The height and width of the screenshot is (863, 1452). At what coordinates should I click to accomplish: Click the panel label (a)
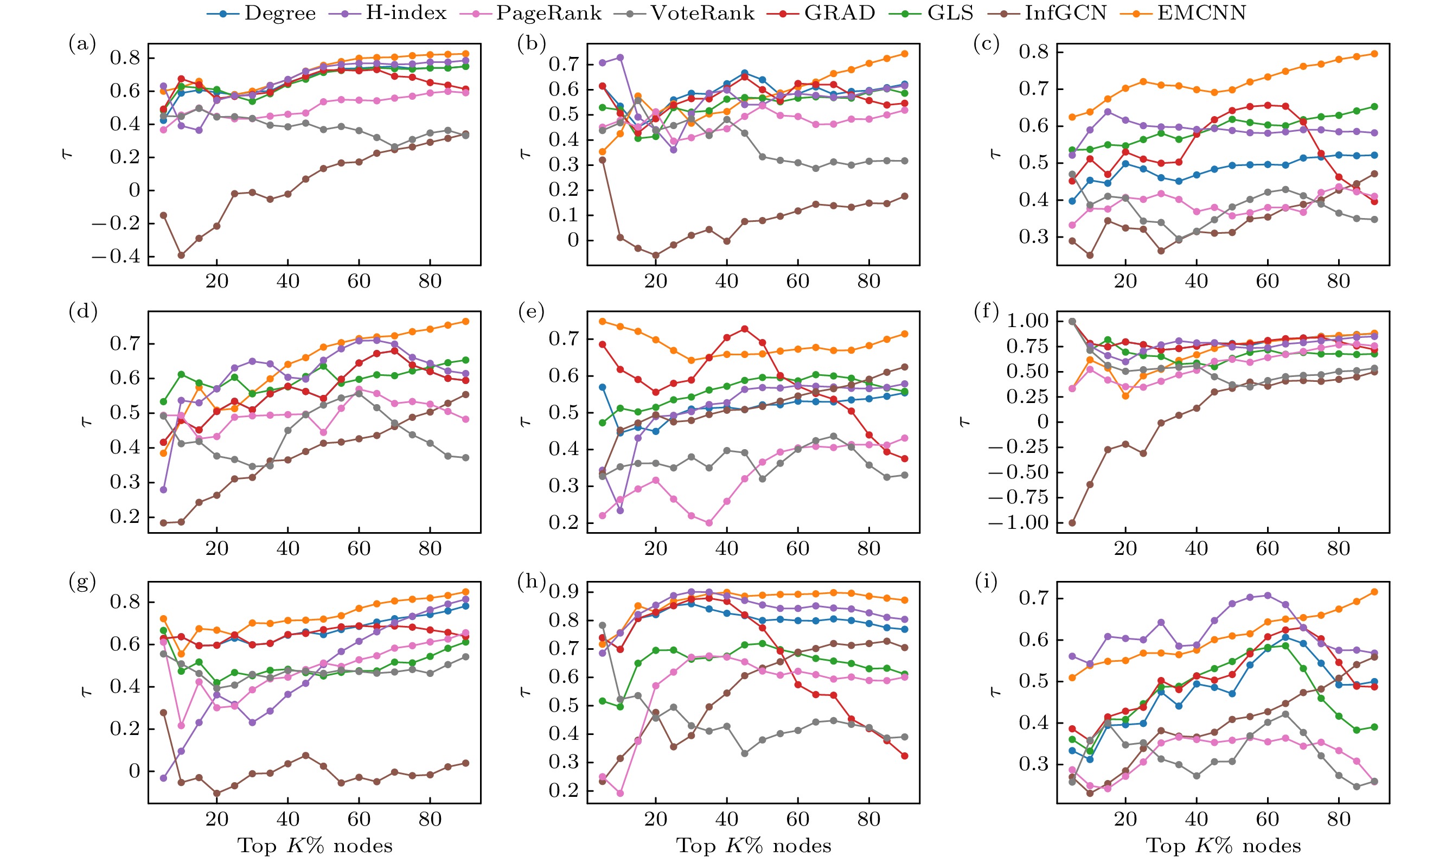(82, 44)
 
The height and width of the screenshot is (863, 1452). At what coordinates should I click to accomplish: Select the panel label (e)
(531, 312)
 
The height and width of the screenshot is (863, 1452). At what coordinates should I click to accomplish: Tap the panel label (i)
(986, 581)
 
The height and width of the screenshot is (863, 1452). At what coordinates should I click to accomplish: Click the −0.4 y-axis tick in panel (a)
(116, 257)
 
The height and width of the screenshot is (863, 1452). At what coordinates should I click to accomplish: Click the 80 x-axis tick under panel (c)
(1339, 282)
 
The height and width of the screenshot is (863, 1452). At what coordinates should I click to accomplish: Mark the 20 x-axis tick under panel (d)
(217, 548)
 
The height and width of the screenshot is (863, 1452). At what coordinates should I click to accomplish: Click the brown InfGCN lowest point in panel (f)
(1072, 523)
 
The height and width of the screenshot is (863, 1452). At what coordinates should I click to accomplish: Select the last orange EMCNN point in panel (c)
(1374, 54)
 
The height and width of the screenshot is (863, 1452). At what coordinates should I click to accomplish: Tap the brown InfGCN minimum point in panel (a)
(181, 255)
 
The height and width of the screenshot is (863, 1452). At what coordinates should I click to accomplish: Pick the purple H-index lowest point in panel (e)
(620, 510)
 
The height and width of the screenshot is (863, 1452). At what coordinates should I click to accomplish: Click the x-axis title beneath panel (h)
(753, 846)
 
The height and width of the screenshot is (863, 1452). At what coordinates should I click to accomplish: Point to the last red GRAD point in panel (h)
(905, 756)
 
